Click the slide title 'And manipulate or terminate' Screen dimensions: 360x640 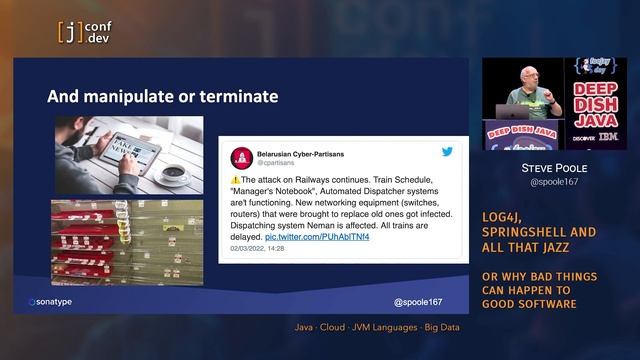tap(163, 97)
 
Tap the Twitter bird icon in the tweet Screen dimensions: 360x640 tap(447, 152)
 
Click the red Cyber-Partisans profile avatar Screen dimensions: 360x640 tap(241, 157)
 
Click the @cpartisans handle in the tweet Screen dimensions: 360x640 tap(276, 163)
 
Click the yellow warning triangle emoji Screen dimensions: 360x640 tap(236, 178)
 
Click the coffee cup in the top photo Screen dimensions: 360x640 tap(173, 172)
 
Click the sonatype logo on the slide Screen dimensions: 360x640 tap(61, 301)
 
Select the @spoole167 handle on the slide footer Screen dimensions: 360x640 tap(417, 301)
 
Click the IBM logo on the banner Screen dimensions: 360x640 tap(609, 137)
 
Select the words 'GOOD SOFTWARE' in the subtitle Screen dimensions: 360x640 tap(538, 303)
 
